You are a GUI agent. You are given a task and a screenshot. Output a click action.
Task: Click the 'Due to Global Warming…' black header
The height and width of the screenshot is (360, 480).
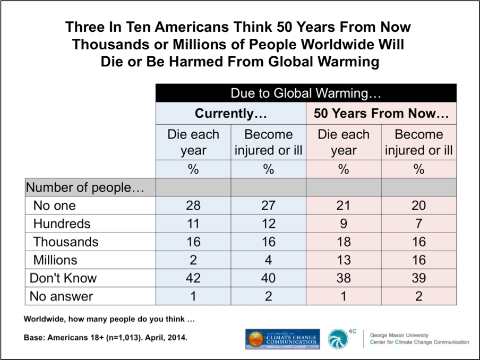click(306, 93)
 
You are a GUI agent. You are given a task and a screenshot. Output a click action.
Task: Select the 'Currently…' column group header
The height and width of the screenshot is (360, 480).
click(230, 114)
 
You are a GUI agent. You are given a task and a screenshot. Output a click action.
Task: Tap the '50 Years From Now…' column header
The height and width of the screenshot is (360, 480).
click(381, 114)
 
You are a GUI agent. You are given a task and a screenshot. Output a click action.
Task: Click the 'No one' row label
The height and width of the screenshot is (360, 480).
click(54, 205)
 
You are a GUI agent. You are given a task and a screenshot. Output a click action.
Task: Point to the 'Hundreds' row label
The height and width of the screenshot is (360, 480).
click(62, 224)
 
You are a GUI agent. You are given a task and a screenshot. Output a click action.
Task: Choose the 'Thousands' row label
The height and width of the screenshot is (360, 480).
click(65, 242)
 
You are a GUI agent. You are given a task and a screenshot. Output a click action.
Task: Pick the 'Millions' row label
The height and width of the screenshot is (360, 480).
click(55, 260)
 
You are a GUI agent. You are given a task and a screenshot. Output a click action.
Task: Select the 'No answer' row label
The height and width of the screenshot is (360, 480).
click(61, 296)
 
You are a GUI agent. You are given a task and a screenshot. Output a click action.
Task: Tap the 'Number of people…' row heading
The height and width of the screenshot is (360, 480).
click(85, 187)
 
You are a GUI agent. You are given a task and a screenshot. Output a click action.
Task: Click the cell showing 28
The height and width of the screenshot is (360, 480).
click(193, 205)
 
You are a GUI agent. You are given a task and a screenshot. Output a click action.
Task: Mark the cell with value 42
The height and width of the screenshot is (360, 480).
click(193, 278)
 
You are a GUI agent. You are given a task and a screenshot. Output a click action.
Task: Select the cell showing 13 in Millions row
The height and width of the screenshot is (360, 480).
click(344, 260)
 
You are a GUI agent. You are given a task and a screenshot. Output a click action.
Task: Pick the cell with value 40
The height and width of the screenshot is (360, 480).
click(269, 278)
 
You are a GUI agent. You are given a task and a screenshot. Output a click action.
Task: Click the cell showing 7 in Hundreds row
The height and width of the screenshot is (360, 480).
click(419, 224)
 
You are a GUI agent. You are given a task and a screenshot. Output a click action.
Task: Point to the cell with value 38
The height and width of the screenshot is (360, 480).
click(344, 278)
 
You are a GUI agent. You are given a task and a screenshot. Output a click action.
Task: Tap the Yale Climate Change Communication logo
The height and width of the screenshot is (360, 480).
click(282, 339)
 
